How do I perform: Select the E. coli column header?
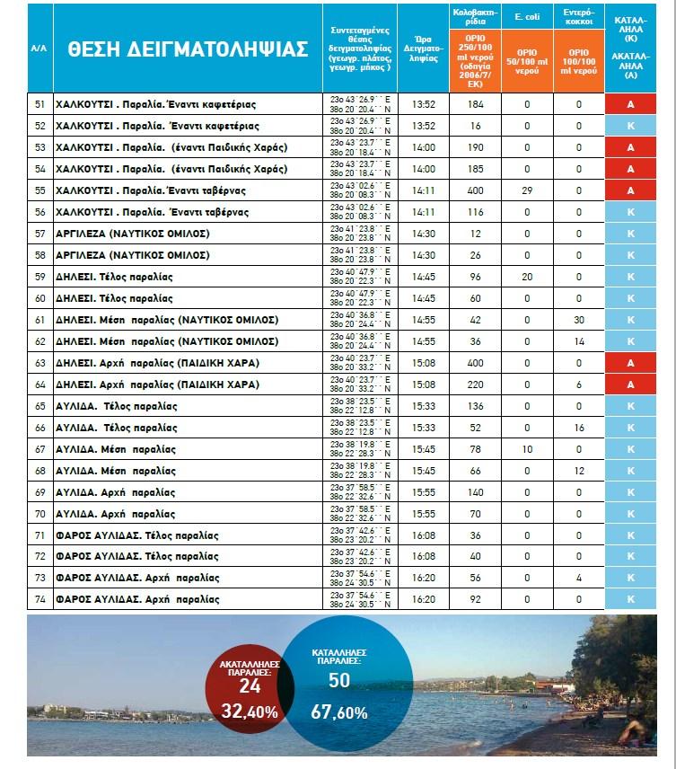pyautogui.click(x=526, y=16)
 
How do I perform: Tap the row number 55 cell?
pyautogui.click(x=40, y=190)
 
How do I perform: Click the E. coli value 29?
pyautogui.click(x=527, y=190)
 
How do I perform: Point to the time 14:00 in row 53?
pyautogui.click(x=423, y=147)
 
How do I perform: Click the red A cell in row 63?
pyautogui.click(x=630, y=362)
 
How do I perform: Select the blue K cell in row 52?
pyautogui.click(x=630, y=126)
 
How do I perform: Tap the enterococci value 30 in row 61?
pyautogui.click(x=579, y=319)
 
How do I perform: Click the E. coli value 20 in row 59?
pyautogui.click(x=527, y=276)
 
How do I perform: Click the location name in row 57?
pyautogui.click(x=134, y=234)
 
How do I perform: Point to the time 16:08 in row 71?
pyautogui.click(x=423, y=535)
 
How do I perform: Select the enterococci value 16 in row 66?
pyautogui.click(x=579, y=427)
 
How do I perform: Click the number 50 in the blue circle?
pyautogui.click(x=339, y=680)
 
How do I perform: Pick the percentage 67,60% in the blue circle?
pyautogui.click(x=339, y=712)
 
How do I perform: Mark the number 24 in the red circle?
pyautogui.click(x=250, y=685)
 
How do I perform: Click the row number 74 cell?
pyautogui.click(x=40, y=599)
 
